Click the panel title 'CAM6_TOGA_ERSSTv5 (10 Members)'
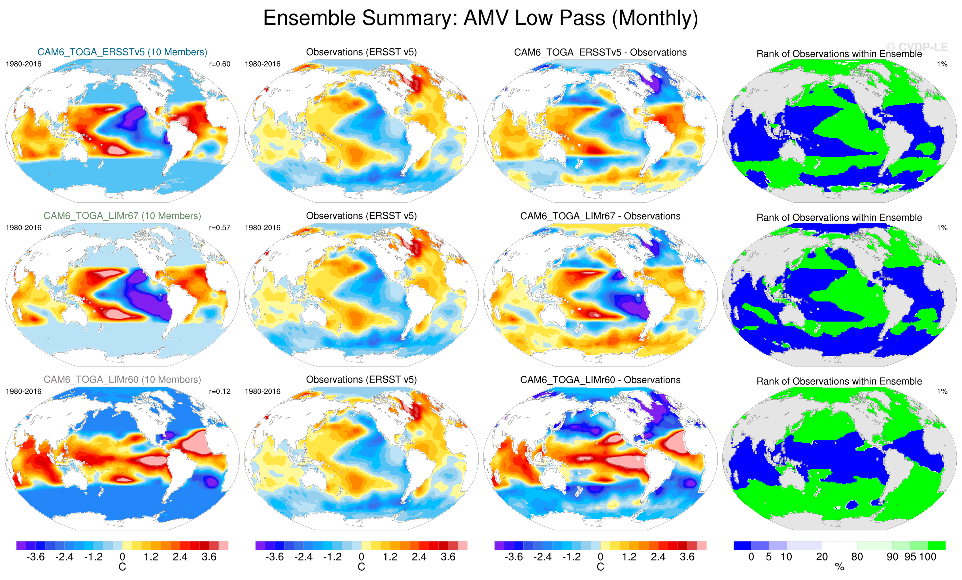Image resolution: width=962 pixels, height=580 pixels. coord(122,52)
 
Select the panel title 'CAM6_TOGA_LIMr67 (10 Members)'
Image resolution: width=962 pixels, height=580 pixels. coord(122,216)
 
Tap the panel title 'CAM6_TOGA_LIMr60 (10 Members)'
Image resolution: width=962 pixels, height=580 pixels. coord(122,379)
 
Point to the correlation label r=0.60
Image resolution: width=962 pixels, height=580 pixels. coord(220,64)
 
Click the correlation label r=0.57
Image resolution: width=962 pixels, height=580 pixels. coord(220,227)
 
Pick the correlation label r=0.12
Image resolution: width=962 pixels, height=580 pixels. coord(220,391)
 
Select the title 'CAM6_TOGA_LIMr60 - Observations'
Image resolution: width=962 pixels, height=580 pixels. coord(600,380)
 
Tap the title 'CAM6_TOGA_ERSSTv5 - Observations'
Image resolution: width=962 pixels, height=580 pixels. coord(600,52)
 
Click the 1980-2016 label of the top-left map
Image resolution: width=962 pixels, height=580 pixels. coord(24,64)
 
